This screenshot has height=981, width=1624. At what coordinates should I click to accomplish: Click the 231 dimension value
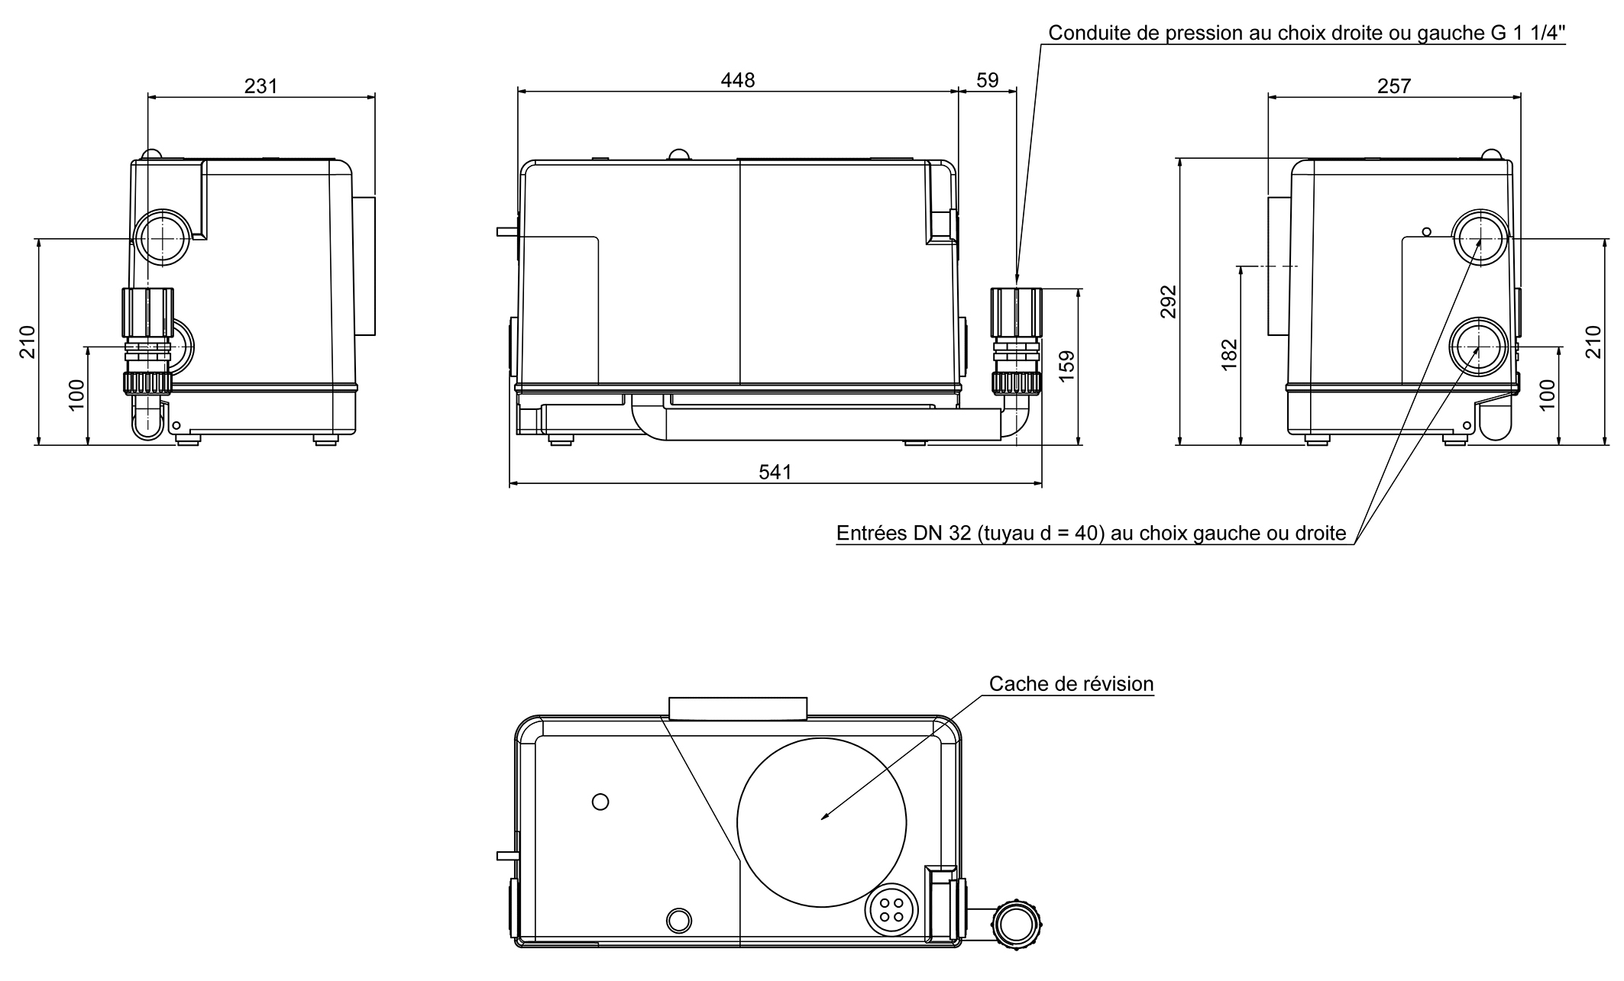(260, 86)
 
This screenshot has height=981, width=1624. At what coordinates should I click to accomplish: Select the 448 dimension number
(737, 80)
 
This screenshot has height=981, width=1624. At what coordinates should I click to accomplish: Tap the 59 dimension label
(987, 80)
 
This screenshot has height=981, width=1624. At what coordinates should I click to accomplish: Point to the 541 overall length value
(775, 473)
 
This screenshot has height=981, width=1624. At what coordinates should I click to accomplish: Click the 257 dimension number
(1393, 86)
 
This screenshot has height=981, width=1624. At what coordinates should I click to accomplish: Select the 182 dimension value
(1229, 355)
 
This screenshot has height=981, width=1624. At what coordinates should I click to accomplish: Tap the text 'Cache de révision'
(1071, 684)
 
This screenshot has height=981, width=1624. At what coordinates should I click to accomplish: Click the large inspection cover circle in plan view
(821, 823)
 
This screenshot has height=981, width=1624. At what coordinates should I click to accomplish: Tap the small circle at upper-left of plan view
(600, 802)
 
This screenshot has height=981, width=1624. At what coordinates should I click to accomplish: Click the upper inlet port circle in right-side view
(1480, 237)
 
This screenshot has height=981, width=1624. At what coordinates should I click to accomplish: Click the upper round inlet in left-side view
(162, 237)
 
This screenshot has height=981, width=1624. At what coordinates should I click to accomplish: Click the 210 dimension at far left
(27, 341)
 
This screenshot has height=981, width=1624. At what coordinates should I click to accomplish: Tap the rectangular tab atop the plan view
(737, 708)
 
